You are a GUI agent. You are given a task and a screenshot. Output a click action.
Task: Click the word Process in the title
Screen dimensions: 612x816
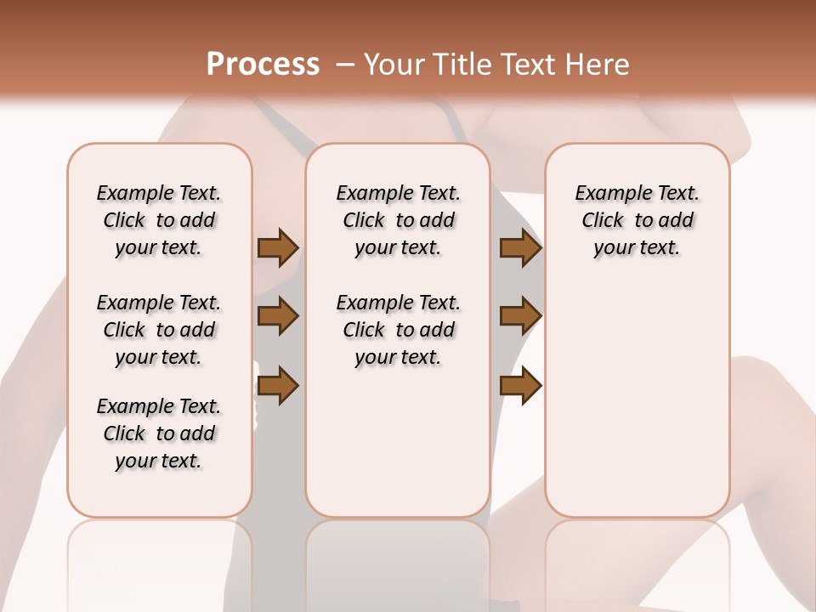coord(263,65)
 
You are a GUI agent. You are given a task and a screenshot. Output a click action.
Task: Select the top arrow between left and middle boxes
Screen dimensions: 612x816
coord(278,248)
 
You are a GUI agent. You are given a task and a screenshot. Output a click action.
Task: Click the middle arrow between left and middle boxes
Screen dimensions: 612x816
coord(278,316)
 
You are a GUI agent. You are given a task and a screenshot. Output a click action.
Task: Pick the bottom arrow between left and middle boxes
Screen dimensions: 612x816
coord(278,385)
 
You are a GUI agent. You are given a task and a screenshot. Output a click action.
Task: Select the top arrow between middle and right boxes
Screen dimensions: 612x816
coord(520,248)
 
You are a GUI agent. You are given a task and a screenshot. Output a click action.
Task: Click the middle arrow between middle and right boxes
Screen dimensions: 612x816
coord(520,316)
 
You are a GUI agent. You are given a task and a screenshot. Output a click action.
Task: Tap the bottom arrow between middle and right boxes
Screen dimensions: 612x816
coord(520,385)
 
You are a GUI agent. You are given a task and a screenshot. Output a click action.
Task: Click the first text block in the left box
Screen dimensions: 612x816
coord(159,220)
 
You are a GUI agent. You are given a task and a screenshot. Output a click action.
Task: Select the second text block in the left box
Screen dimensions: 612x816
coord(159,330)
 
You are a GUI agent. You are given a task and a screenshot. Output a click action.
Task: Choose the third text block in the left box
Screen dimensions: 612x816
coord(159,433)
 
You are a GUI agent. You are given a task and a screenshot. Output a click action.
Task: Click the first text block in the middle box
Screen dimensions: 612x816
coord(398,220)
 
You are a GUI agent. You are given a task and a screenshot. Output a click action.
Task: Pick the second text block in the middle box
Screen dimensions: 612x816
coord(398,330)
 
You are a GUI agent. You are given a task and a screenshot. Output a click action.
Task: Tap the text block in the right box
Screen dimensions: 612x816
coord(637,220)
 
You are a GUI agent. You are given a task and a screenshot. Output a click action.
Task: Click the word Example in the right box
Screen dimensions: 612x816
coord(607,194)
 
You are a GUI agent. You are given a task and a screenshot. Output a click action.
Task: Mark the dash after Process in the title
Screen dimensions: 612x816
coord(344,65)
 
